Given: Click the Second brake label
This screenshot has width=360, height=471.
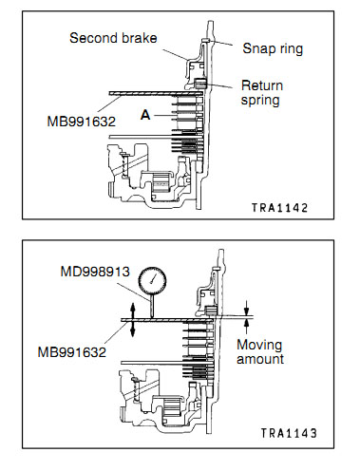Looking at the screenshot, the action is point(113,38).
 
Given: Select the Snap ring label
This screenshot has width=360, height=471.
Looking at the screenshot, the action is point(273,48).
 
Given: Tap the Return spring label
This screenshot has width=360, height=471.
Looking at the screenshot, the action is point(261,93).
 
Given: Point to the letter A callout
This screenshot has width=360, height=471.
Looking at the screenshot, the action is point(145,115).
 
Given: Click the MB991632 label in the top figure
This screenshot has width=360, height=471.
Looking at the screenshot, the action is point(82,122).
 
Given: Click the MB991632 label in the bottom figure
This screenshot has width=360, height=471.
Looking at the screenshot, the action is point(72,352).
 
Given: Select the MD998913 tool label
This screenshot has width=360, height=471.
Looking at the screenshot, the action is point(95,272).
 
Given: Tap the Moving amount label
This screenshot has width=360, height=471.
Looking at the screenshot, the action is point(260,352).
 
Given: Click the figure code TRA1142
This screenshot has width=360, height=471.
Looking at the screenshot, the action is point(279,208).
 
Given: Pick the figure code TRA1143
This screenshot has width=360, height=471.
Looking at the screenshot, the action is point(289,433).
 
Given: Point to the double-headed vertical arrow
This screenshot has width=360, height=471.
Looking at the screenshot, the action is point(133,320).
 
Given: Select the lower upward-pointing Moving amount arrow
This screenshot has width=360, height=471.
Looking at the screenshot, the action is point(247,326).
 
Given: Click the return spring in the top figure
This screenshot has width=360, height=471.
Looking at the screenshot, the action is point(200,84).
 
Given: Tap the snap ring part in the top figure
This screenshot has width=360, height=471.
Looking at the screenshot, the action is point(205,40).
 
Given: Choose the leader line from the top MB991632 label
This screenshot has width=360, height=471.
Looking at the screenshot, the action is point(109,104).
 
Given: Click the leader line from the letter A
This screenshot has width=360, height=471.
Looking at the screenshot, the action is point(163,116).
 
